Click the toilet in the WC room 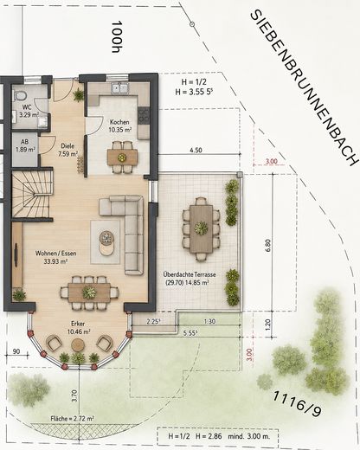21,94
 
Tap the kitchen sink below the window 120,88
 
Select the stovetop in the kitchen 144,115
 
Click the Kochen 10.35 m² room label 119,126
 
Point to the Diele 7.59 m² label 67,150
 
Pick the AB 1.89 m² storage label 25,145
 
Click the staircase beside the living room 32,195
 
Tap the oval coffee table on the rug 106,243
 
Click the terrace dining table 201,228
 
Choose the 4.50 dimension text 196,150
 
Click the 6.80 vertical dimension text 268,245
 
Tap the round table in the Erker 77,344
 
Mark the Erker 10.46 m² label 78,328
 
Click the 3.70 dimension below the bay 75,395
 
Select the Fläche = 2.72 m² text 72,418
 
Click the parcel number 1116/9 297,403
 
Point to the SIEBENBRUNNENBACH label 305,88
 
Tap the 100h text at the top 117,36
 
